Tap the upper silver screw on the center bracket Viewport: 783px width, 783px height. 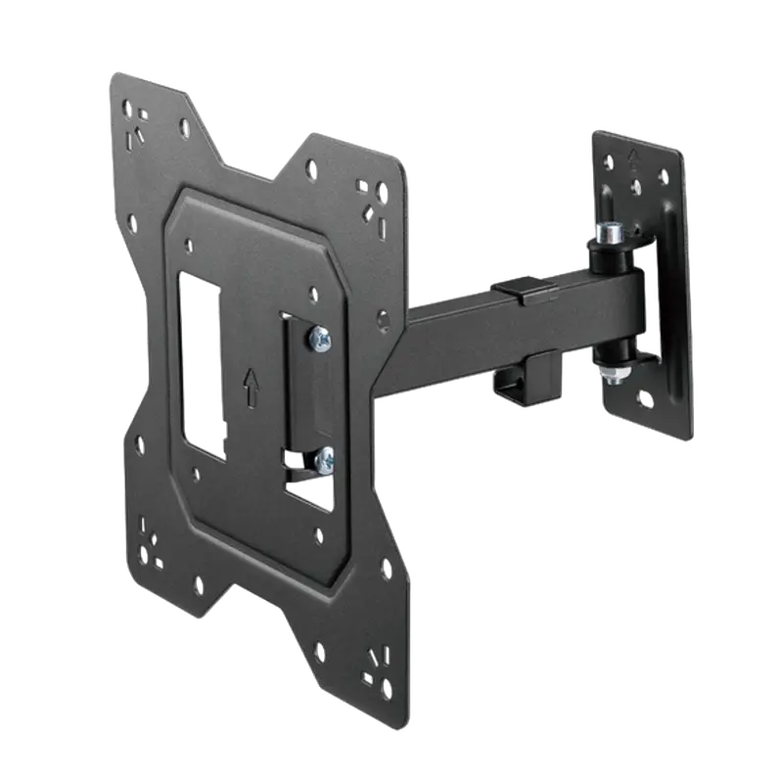coord(319,339)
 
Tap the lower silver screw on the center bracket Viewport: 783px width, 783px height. coord(323,456)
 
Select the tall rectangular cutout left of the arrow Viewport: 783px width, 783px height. coord(201,366)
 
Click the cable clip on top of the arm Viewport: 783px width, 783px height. coord(519,290)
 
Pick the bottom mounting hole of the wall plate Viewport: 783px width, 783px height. coord(645,399)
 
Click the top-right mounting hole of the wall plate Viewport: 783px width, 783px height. coord(663,176)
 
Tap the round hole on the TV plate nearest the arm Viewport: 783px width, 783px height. coord(383,319)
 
